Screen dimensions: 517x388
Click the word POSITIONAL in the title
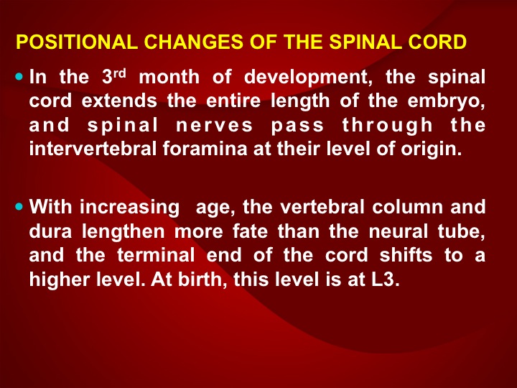77,42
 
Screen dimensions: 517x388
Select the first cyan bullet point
19,77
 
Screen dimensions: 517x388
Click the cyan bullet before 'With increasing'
19,206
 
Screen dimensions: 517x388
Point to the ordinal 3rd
114,77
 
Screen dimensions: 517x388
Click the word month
169,77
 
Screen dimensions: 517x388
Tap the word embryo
447,102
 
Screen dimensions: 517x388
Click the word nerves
215,126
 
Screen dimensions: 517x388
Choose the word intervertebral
93,149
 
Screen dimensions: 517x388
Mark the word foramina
205,149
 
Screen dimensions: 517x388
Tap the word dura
50,231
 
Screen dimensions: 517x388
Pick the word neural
399,231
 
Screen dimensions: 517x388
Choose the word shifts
406,255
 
